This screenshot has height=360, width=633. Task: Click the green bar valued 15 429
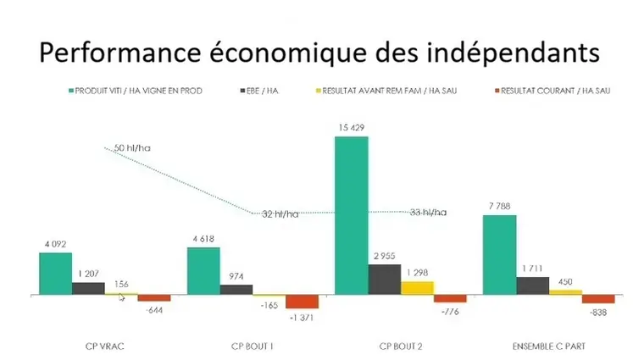tap(351, 215)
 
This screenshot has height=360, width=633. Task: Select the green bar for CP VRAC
tap(55, 273)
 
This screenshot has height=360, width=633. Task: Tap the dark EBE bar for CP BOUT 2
tap(384, 279)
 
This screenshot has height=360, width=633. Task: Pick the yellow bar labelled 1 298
tap(417, 287)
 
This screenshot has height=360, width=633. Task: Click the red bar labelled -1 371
tap(302, 301)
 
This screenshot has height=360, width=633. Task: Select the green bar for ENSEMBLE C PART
tap(499, 254)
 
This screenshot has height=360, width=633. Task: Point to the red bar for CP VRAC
tap(154, 297)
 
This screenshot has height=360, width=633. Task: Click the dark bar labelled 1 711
tap(532, 285)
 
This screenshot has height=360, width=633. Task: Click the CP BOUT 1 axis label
tap(253, 346)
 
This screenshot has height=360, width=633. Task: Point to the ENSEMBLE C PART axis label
tap(547, 346)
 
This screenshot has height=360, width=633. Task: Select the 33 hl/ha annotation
tap(428, 212)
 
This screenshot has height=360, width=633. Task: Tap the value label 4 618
tap(203, 240)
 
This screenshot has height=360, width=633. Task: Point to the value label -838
tap(600, 312)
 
